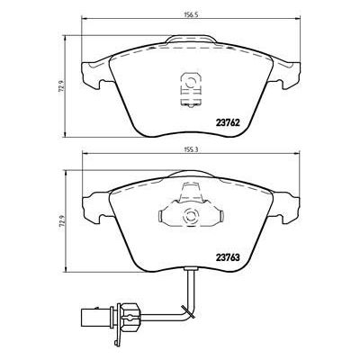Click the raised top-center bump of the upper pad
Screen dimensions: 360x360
point(190,41)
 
